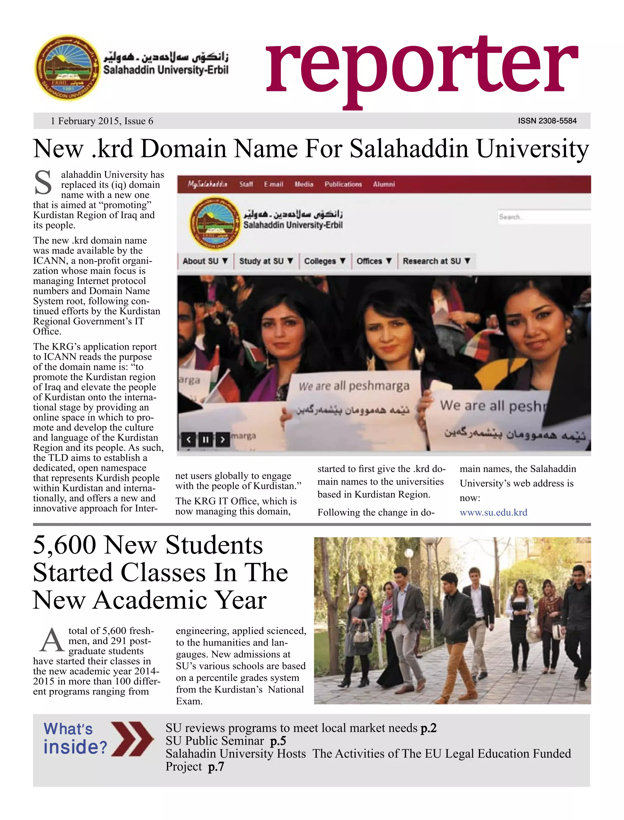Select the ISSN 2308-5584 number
[x=547, y=121]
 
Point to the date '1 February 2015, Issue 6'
[x=102, y=121]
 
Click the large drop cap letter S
[x=43, y=183]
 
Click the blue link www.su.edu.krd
[x=493, y=512]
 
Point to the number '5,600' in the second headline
[x=65, y=545]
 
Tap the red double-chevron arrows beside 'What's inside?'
[x=132, y=739]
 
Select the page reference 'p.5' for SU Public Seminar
[x=278, y=741]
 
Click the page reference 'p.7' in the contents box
[x=216, y=766]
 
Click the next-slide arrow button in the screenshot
[x=222, y=440]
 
